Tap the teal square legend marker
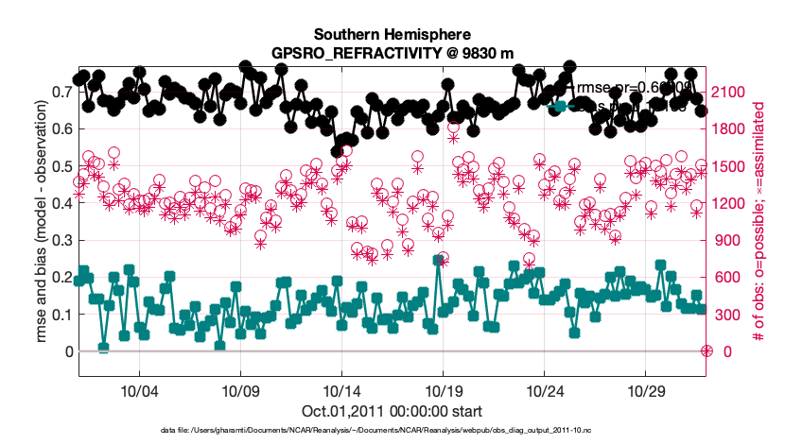coord(560,107)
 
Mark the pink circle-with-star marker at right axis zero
coord(706,351)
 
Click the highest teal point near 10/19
coord(438,261)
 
